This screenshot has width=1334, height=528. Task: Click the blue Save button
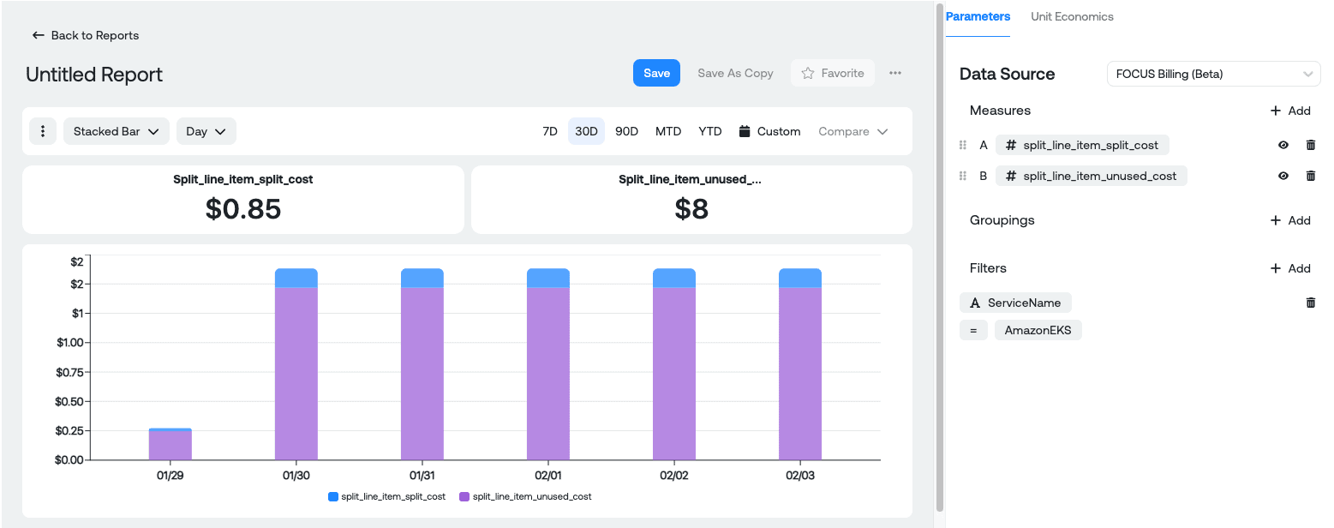[656, 73]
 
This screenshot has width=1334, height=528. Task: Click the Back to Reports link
[86, 35]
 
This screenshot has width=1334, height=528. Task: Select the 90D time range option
[626, 131]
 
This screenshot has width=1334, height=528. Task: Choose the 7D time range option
[550, 131]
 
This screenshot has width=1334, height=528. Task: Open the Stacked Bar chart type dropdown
[117, 131]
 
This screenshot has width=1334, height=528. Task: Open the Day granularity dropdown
[206, 131]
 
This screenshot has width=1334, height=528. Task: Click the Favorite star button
[833, 73]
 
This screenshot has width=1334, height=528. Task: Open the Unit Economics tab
[1072, 16]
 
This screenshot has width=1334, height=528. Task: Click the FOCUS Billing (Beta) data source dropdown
[1213, 74]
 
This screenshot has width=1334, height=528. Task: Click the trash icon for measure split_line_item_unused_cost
[1310, 176]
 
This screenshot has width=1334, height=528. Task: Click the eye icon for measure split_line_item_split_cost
[1283, 145]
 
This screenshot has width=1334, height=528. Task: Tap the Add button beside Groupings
[1289, 220]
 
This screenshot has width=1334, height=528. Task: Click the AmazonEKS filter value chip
[1038, 330]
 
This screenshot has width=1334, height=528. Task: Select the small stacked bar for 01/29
[170, 444]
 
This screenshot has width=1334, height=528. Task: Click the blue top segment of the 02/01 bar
[548, 278]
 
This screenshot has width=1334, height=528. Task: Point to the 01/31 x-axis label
[422, 475]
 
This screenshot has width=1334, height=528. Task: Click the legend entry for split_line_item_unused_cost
[525, 496]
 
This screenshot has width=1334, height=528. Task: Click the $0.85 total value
[243, 208]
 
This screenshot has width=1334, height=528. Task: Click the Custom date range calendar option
[769, 131]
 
